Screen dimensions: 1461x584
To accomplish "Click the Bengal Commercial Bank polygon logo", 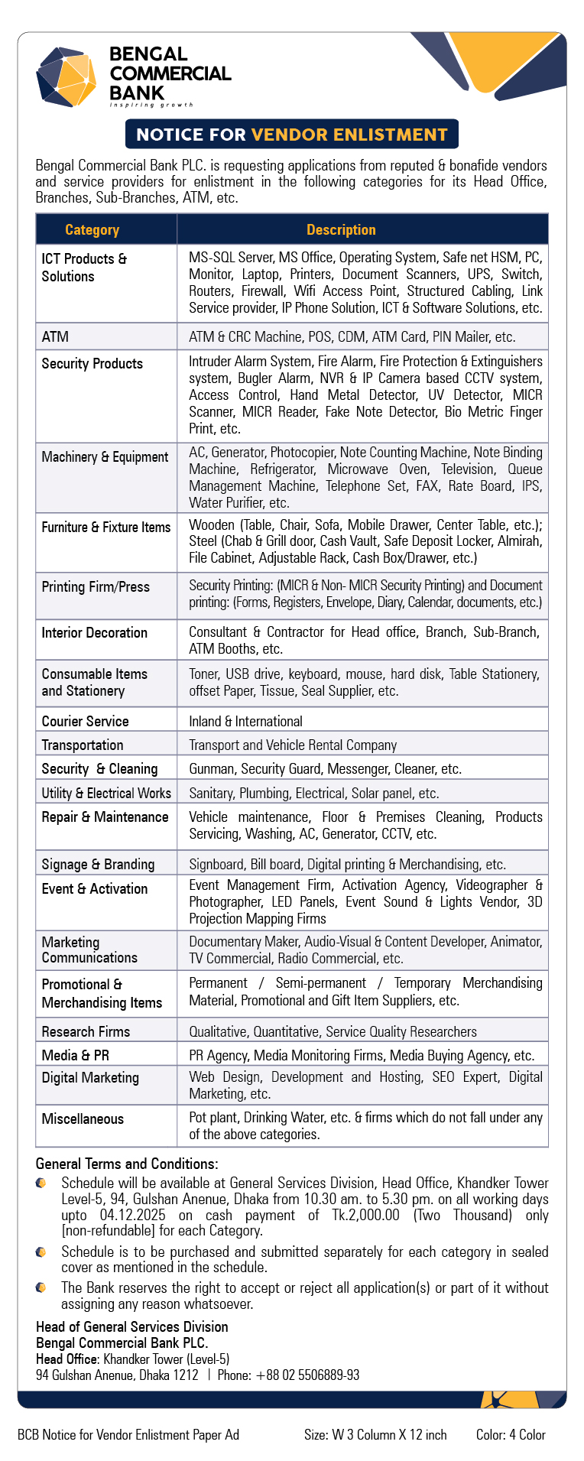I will click(x=67, y=76).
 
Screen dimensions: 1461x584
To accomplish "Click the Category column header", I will click(x=92, y=229).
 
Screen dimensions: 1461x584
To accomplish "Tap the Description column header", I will click(x=341, y=229).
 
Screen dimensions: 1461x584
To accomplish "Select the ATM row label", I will click(x=55, y=336).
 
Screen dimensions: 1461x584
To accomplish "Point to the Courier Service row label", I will click(x=85, y=721).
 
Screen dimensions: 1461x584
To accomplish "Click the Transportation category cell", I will click(x=83, y=745).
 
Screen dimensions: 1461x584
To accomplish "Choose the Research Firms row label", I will click(x=86, y=1031).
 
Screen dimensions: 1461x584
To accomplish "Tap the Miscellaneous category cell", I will click(x=83, y=1118).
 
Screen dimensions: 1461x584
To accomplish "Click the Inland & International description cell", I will click(x=245, y=721).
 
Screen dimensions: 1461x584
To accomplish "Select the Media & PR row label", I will click(x=75, y=1055).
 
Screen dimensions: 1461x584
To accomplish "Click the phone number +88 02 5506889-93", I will click(x=307, y=1375).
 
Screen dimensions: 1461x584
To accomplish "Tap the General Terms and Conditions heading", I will click(x=127, y=1164).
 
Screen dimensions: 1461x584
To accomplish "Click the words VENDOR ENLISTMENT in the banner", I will click(x=349, y=135).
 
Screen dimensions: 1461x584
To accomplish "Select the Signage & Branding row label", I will click(x=98, y=864).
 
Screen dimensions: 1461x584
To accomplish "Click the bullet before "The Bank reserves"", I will click(x=41, y=1287).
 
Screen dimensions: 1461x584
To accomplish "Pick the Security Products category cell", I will click(x=92, y=363).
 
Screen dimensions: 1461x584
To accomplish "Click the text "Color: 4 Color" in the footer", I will click(x=511, y=1434).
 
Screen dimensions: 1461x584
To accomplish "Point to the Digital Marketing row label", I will click(x=90, y=1077).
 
